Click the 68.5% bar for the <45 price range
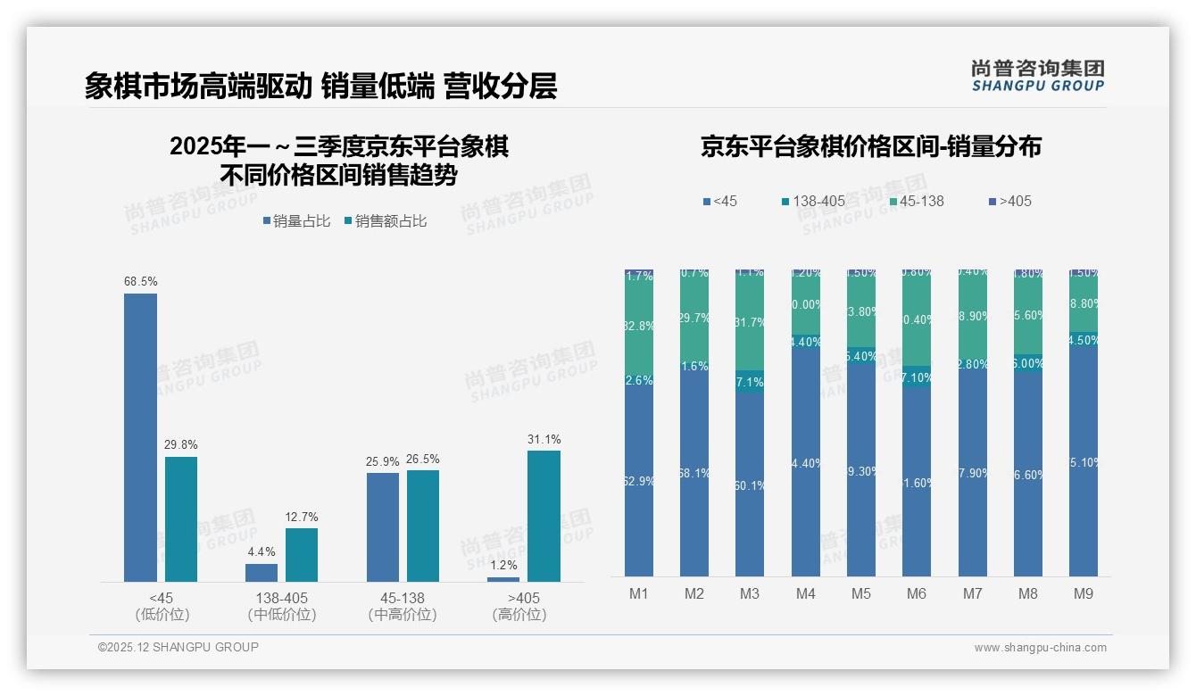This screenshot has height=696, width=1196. pos(140,437)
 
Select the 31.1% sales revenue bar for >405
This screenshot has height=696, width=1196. pos(544,516)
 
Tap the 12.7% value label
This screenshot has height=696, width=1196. pos(302,517)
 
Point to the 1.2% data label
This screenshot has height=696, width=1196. pos(503,566)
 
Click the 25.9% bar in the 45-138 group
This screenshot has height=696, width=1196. pos(383,526)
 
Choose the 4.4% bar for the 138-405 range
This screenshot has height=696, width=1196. pos(262,572)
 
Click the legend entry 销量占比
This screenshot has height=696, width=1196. pos(297,221)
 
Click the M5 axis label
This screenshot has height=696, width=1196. pos(860,593)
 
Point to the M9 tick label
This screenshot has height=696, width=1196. pos(1083,593)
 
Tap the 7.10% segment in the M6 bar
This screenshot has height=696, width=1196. pos(917,377)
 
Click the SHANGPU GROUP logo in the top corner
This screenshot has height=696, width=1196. pos(1037,75)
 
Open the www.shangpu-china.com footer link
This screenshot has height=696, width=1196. pos(1040,648)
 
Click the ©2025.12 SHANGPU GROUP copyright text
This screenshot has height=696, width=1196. pos(179,647)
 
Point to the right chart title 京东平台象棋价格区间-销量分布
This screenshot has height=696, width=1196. pos(870,147)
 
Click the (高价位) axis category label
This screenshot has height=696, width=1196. pos(519,615)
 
